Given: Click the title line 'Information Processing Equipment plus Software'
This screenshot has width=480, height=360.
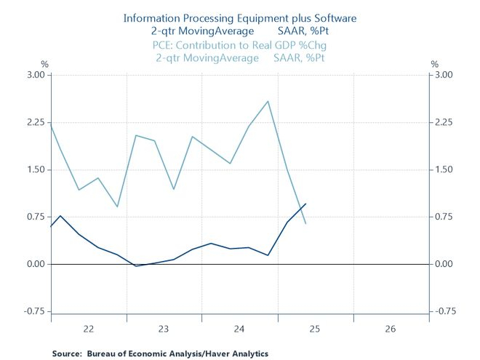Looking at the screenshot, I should click(241, 17).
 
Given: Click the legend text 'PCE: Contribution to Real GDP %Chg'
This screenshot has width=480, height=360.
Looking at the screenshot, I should click(241, 45).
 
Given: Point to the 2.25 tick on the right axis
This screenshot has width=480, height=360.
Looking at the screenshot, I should click(444, 122).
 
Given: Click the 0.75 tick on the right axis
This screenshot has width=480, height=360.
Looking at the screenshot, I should click(444, 217).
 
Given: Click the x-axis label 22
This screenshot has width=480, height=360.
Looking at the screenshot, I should click(89, 329).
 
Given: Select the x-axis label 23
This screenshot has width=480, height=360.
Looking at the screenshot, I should click(164, 329).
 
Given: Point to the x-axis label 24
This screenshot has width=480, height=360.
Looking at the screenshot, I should click(239, 329).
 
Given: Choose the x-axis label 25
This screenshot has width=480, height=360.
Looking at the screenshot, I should click(315, 329).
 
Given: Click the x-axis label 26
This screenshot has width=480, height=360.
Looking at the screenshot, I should click(391, 329).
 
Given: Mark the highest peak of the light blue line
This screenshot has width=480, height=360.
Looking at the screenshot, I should click(268, 101).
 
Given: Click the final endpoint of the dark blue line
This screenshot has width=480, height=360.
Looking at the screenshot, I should click(305, 204).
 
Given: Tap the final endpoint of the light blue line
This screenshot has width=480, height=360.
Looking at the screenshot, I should click(305, 223).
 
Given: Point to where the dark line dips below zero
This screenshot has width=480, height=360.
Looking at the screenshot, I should click(136, 266).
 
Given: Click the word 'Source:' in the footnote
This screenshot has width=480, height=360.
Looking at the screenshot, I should click(67, 353).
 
